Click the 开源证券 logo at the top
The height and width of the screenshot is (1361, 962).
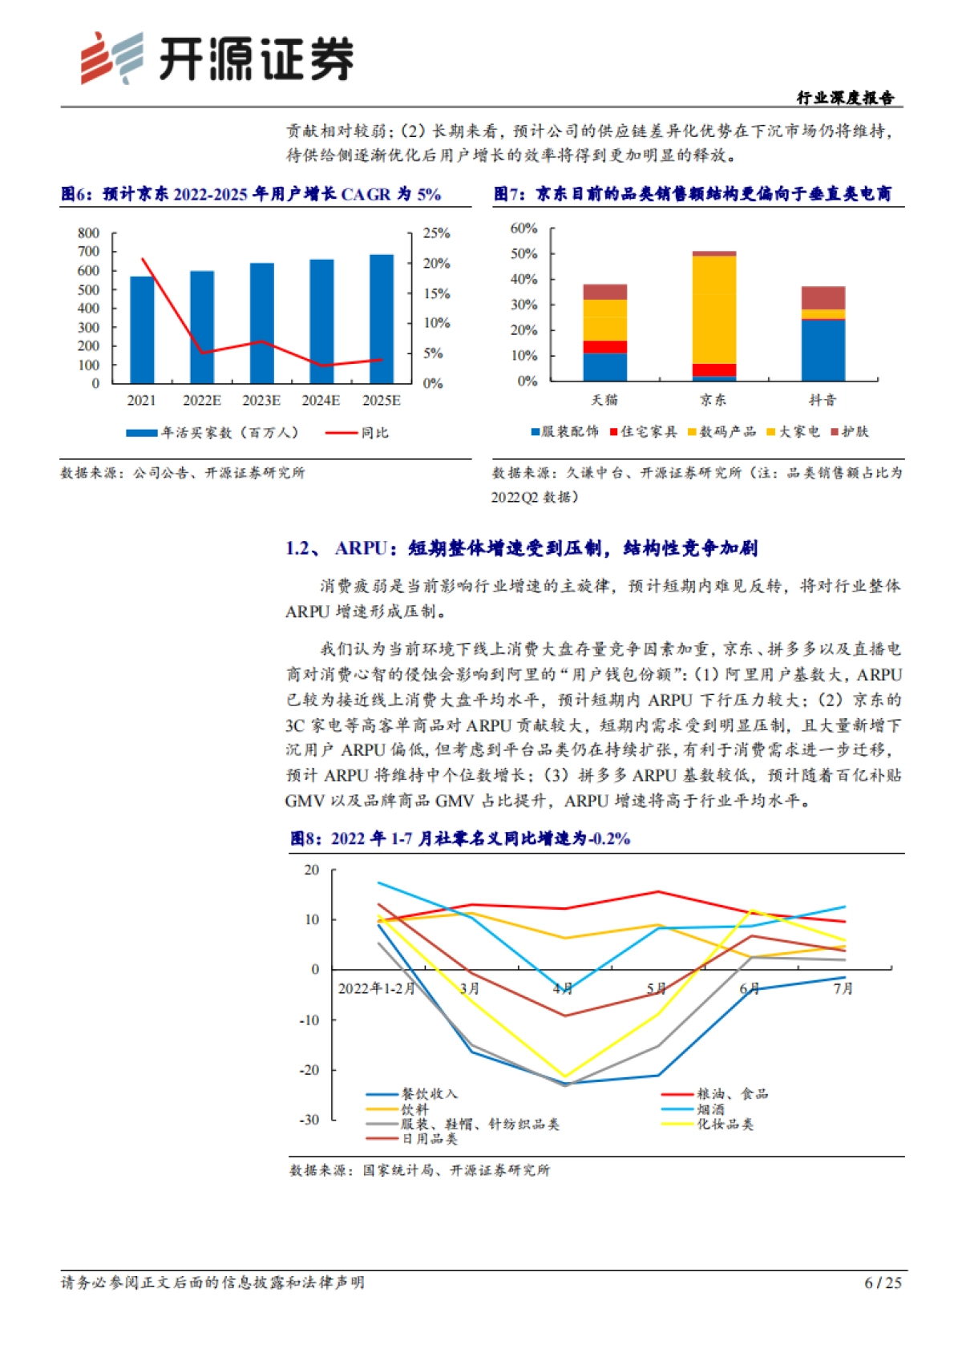[x=216, y=58]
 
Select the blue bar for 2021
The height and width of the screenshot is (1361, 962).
[x=142, y=330]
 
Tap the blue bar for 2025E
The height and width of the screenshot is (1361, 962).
[x=382, y=319]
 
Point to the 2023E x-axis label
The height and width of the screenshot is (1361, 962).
[x=261, y=401]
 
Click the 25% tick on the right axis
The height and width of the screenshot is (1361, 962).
[x=436, y=233]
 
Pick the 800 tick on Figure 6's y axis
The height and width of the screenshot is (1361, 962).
[x=89, y=233]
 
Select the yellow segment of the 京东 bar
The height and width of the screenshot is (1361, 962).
[x=714, y=309]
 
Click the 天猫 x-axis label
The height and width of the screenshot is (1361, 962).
[x=604, y=400]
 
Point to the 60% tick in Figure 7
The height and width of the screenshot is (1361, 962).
[x=523, y=228]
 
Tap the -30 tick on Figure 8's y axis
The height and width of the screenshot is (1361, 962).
[x=309, y=1120]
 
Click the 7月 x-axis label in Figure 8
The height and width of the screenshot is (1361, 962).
[x=843, y=989]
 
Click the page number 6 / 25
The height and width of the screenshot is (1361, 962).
[x=883, y=1283]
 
